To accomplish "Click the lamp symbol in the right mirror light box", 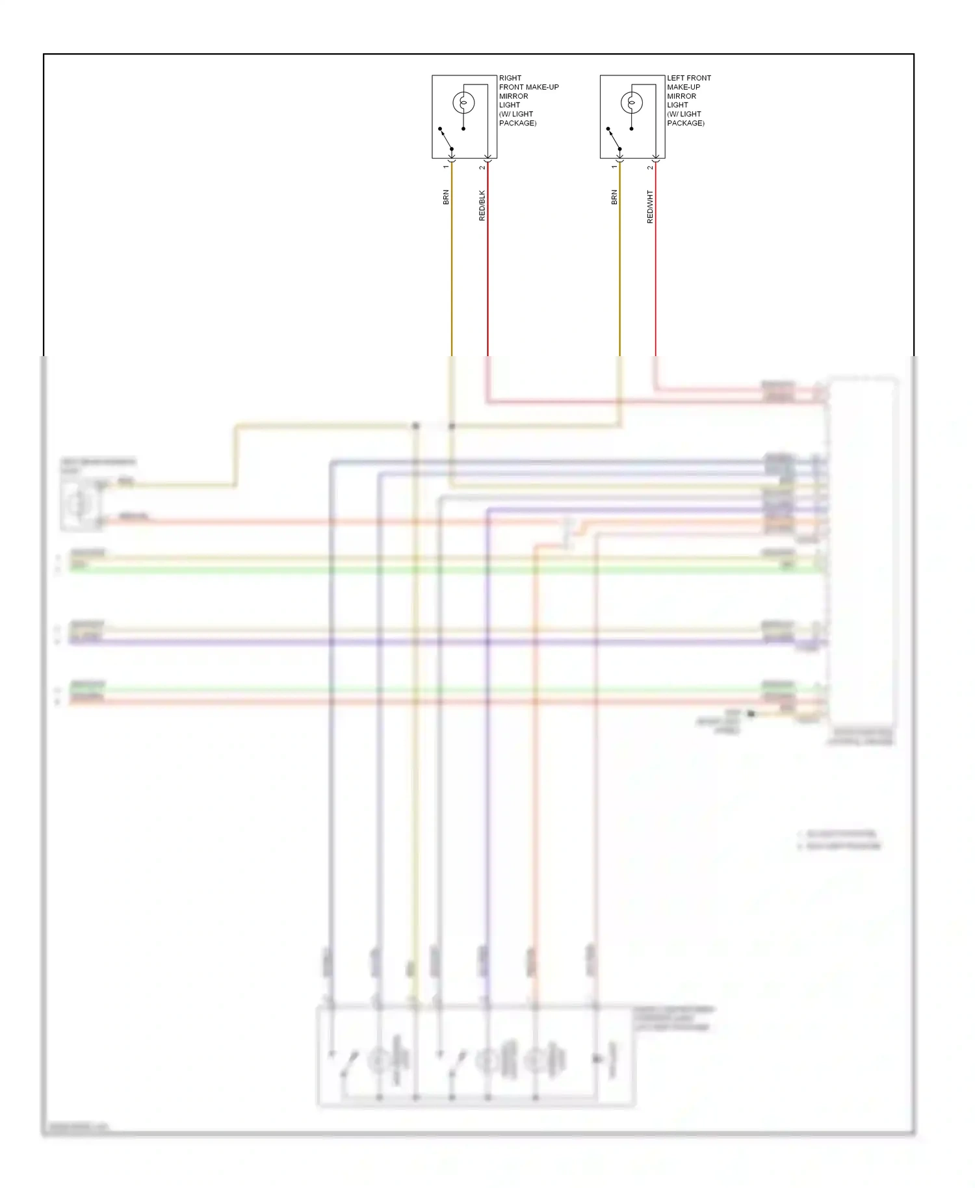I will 463,103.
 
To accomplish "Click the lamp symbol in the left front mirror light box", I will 632,103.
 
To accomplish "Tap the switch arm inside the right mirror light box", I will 446,138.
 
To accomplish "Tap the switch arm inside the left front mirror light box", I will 614,138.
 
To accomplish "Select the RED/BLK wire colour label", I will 482,205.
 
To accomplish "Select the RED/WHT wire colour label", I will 650,207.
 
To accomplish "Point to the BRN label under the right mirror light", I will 446,197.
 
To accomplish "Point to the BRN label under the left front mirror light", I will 614,197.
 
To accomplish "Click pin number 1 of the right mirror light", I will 446,167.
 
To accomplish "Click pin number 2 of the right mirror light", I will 482,168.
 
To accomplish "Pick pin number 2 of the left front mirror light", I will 650,168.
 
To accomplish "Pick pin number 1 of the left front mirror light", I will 614,167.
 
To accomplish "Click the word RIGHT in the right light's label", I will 510,78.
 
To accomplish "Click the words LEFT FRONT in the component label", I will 688,78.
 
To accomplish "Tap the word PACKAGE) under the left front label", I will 685,123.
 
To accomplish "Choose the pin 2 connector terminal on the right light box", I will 487,159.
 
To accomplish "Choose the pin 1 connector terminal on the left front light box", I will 620,159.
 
